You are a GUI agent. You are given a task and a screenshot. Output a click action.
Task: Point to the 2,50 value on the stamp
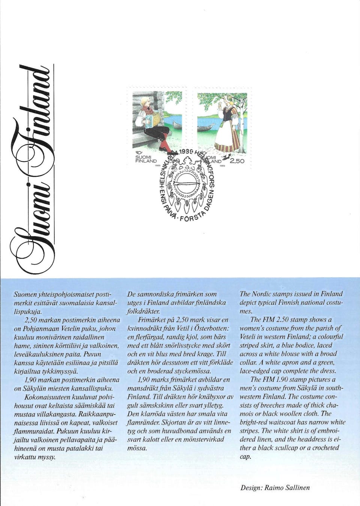[237, 161]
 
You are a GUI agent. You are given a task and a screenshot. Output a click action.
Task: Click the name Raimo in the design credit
[274, 488]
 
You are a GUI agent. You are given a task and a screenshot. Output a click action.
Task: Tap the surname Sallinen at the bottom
[297, 488]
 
